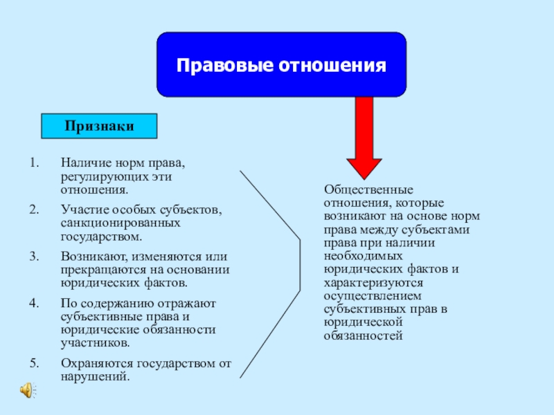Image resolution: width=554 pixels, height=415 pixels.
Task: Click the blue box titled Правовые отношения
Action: click(x=281, y=64)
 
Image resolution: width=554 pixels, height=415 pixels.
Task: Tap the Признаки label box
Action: click(x=99, y=126)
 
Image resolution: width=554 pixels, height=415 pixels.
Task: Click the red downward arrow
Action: click(x=364, y=138)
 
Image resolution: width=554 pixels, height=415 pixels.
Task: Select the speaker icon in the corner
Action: click(x=26, y=391)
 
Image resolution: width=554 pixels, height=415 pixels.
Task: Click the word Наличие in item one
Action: click(x=82, y=164)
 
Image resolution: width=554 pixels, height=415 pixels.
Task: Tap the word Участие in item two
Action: click(x=81, y=210)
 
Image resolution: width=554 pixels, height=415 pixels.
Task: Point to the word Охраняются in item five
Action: click(x=92, y=362)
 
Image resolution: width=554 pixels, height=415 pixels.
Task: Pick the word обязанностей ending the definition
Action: click(x=362, y=335)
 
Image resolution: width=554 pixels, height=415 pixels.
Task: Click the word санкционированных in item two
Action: click(x=120, y=223)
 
